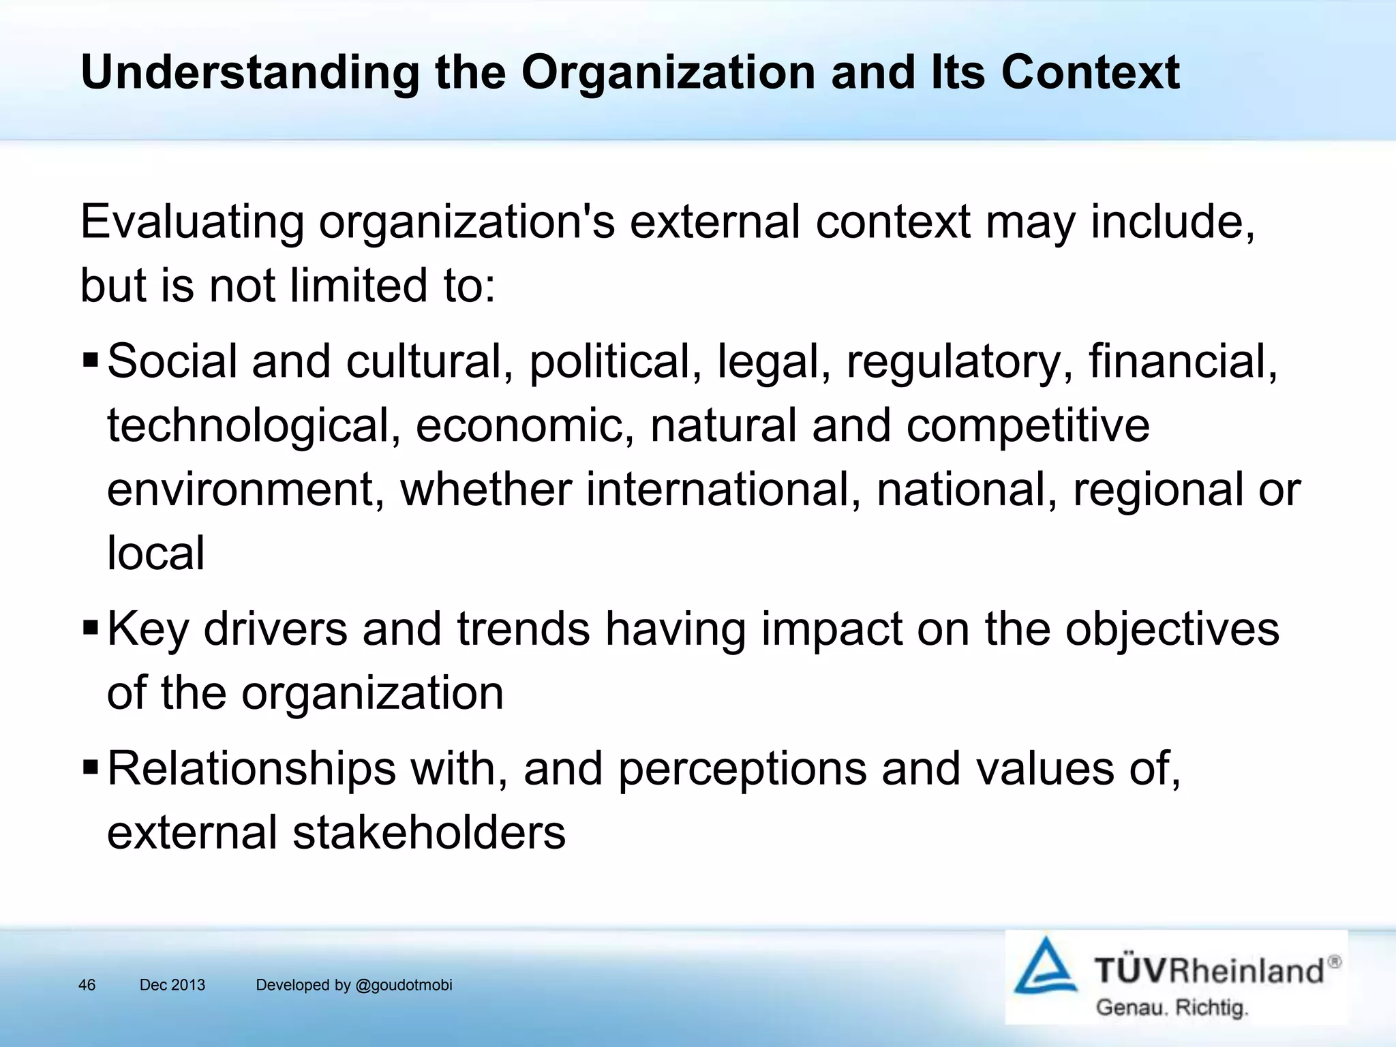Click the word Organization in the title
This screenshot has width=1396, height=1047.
pyautogui.click(x=668, y=73)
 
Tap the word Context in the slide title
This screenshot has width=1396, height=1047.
pyautogui.click(x=1090, y=73)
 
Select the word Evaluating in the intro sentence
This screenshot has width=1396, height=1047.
pyautogui.click(x=192, y=224)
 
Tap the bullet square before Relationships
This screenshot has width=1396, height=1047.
pyautogui.click(x=90, y=766)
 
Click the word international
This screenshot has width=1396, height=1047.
pyautogui.click(x=723, y=489)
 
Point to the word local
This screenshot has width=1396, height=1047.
pyautogui.click(x=155, y=553)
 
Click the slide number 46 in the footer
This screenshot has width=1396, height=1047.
pyautogui.click(x=87, y=985)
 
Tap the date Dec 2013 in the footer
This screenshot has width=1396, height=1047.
pyautogui.click(x=172, y=985)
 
